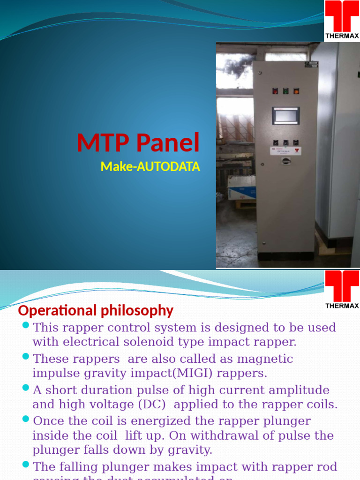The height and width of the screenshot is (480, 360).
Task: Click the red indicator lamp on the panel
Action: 275,91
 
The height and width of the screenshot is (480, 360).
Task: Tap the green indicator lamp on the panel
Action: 285,91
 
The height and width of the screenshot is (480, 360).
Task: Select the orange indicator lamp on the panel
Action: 296,91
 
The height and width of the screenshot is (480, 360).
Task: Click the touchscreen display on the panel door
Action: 285,115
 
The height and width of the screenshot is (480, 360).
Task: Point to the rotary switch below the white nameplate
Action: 285,161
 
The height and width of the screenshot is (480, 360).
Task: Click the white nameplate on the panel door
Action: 285,150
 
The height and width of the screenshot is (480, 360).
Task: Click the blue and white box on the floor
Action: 241,187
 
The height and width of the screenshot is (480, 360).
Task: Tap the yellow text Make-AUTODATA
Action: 150,166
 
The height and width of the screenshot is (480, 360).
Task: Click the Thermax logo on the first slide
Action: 342,20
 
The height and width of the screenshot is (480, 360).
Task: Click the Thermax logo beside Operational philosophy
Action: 342,289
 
